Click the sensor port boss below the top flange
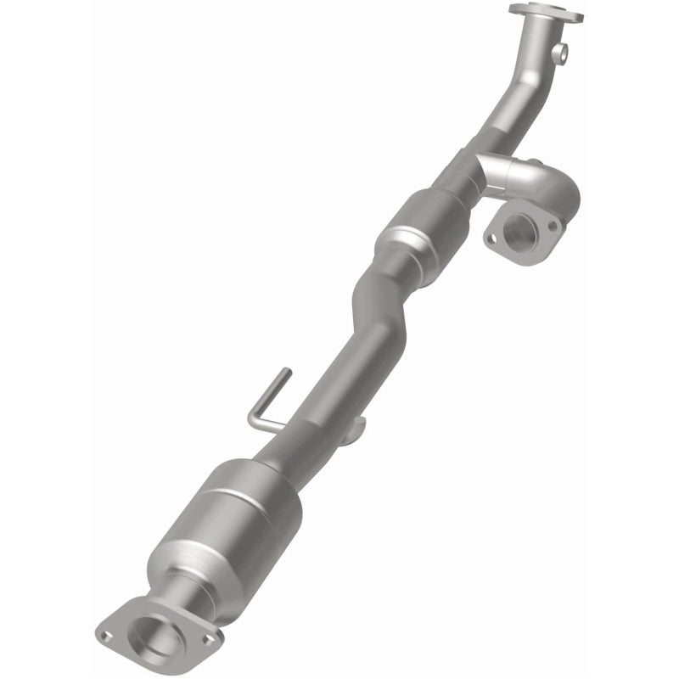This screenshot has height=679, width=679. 560,53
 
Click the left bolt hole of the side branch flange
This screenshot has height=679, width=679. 491,239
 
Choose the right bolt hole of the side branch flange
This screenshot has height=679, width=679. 552,227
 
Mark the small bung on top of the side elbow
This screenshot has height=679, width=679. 536,161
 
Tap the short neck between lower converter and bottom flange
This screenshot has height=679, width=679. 182,586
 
